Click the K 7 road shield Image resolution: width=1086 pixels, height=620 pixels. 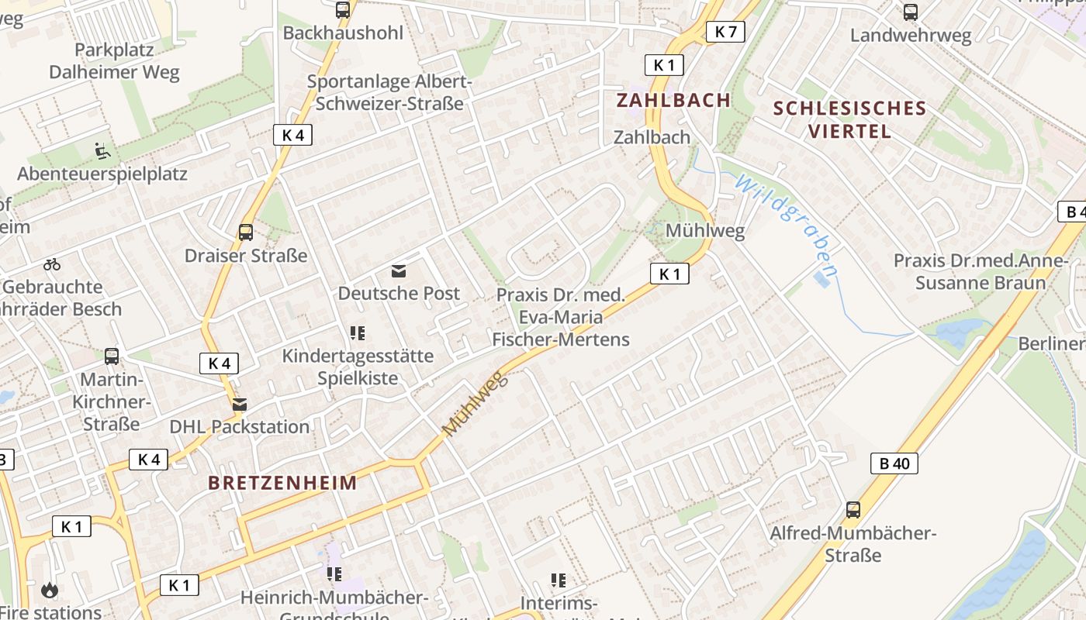[x=725, y=32]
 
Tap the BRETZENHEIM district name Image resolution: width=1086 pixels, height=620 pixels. [x=283, y=483]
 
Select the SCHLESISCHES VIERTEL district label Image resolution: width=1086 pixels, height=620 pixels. [x=850, y=119]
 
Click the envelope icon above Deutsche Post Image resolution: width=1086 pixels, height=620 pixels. [x=399, y=271]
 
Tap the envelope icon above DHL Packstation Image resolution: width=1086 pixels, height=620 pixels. [x=240, y=405]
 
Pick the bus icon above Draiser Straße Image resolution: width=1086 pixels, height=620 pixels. [x=246, y=232]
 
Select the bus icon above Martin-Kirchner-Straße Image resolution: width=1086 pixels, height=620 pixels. [x=112, y=356]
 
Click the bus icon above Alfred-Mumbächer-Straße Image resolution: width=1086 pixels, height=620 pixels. [x=853, y=510]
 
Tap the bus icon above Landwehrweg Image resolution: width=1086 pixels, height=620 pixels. [x=911, y=12]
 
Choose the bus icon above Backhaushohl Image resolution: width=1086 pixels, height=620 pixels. [x=343, y=10]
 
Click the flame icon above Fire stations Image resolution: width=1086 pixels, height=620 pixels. [x=50, y=591]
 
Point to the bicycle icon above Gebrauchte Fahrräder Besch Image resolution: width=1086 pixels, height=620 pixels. [x=52, y=264]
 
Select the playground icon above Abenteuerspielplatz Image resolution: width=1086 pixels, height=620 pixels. [x=102, y=150]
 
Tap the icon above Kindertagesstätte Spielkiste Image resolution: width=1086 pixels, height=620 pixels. [x=357, y=333]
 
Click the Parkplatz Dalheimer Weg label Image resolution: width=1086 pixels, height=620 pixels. [x=114, y=61]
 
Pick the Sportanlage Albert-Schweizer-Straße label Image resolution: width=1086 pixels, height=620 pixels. [x=389, y=92]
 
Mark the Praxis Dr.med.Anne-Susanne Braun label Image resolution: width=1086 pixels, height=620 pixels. [x=981, y=271]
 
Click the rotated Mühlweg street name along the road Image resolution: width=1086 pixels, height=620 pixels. [x=474, y=403]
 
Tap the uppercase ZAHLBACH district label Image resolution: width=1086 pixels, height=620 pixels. [x=673, y=100]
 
